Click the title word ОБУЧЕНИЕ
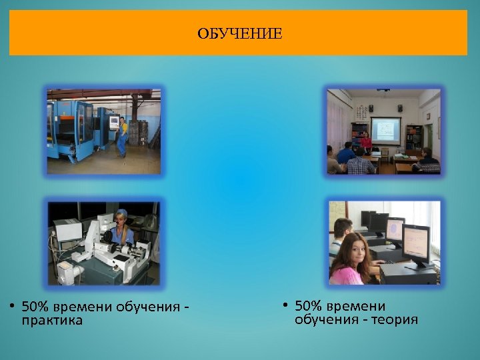click(x=239, y=33)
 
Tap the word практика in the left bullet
click(x=52, y=321)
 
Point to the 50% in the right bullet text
click(x=308, y=306)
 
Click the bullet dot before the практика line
click(x=12, y=307)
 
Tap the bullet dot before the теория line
click(x=285, y=306)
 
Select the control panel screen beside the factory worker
click(x=113, y=122)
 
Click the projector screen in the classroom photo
click(x=385, y=129)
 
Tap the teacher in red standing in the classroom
click(x=365, y=141)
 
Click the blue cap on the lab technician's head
click(x=121, y=214)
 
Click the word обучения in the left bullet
click(x=148, y=307)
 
